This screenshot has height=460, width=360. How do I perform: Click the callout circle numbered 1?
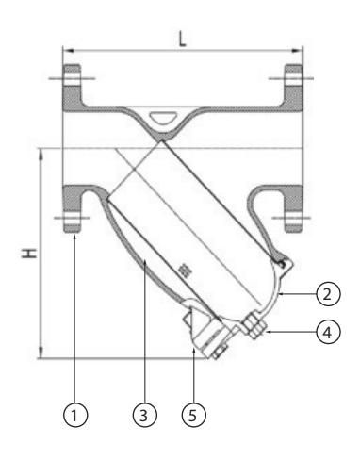(x=75, y=415)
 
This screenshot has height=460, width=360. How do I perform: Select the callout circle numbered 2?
(x=328, y=294)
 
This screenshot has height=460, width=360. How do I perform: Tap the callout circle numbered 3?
(x=144, y=415)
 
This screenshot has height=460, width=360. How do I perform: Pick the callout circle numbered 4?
(x=328, y=332)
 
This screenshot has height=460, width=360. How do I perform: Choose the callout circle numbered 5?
(x=194, y=415)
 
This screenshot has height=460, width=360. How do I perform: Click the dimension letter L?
(x=182, y=39)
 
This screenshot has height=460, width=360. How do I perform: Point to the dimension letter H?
(x=29, y=254)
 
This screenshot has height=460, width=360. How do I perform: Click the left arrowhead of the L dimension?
(x=69, y=50)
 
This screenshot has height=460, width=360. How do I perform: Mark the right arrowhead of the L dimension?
(x=297, y=50)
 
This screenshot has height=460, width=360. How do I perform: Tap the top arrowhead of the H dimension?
(x=41, y=154)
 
